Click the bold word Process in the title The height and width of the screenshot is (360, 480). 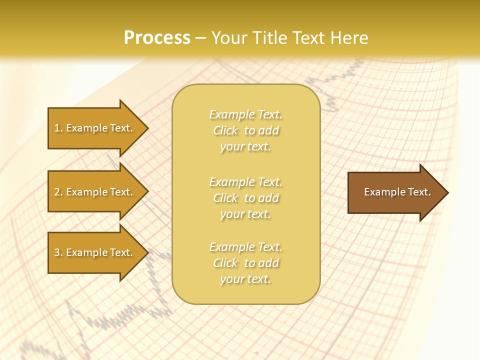[x=157, y=38]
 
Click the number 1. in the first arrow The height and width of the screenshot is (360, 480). [x=58, y=128]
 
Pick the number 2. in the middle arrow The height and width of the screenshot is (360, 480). [x=58, y=192]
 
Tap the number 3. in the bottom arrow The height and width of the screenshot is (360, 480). [x=58, y=252]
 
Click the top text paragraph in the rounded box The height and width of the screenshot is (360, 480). [x=245, y=130]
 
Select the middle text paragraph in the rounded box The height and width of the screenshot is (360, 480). [x=245, y=198]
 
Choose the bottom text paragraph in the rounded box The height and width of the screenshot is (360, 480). [x=245, y=263]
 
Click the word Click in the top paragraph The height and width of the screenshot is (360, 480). [x=225, y=130]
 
